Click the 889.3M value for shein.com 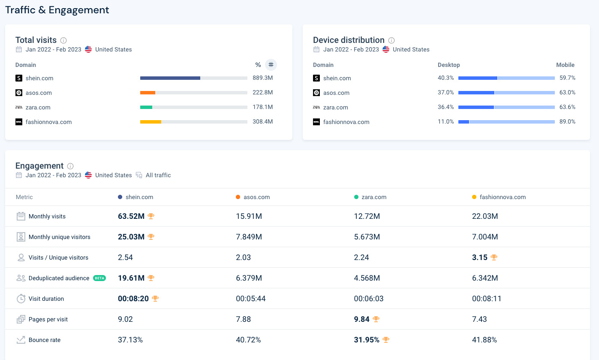(x=262, y=78)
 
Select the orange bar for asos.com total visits (x=147, y=93)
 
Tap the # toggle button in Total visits (x=271, y=65)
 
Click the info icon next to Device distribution (x=391, y=40)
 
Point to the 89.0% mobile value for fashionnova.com (x=567, y=122)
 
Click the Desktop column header (x=448, y=65)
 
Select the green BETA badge (x=99, y=278)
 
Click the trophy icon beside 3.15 (x=494, y=257)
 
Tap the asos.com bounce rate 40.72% (x=248, y=340)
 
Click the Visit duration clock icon (x=21, y=299)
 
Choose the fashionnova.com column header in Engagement (x=503, y=197)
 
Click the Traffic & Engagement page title (x=57, y=10)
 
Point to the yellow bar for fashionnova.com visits (x=151, y=122)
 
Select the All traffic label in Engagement (x=158, y=175)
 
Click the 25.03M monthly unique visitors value (x=131, y=237)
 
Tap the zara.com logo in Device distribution (x=316, y=107)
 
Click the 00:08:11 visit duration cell (x=487, y=299)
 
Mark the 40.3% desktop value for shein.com (x=445, y=78)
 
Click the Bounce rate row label (x=44, y=340)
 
